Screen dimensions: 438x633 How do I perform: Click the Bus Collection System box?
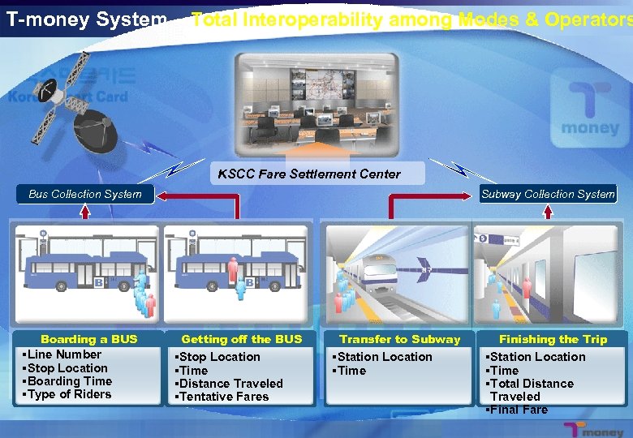(85, 194)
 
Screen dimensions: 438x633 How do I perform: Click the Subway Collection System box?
(548, 194)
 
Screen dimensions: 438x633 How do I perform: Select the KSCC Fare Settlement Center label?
(309, 174)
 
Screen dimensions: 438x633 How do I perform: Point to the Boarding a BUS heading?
(89, 339)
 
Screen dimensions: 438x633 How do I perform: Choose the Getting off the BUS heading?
(241, 339)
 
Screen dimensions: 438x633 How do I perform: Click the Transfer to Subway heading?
(399, 339)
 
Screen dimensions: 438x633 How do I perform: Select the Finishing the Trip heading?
(553, 339)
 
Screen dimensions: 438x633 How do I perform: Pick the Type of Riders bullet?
(68, 395)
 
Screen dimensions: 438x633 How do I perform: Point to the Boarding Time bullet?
(68, 381)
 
